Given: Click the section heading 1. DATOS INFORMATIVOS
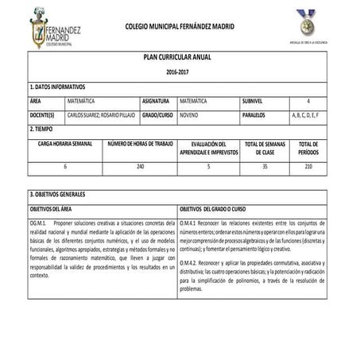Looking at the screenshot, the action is [x=57, y=87].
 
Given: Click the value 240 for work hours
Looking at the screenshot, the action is [x=140, y=166].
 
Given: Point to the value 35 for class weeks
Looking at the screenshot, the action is [x=265, y=166].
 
